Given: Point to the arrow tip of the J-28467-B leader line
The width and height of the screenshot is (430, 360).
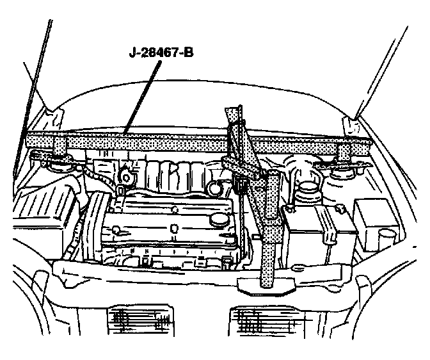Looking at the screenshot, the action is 125,133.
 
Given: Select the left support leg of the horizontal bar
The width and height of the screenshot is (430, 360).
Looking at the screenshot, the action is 59,147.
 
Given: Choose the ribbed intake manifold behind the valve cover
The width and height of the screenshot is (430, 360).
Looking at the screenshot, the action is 173,176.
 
